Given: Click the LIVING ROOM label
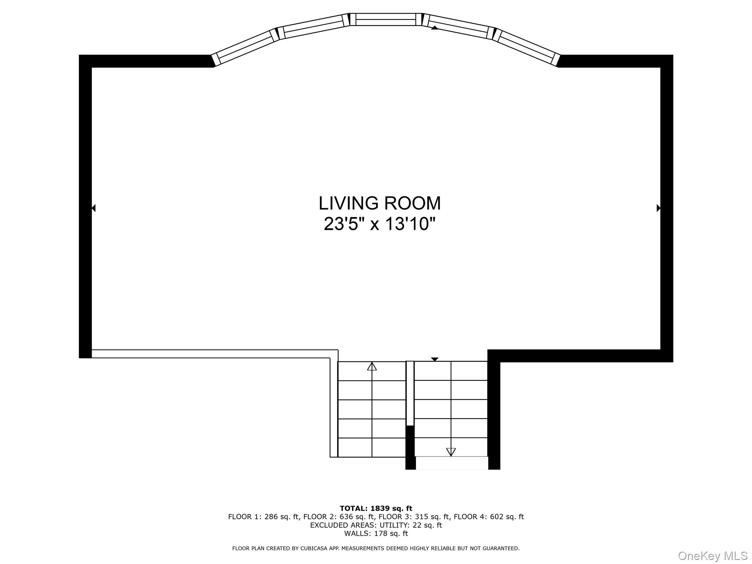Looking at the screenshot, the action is click(379, 203).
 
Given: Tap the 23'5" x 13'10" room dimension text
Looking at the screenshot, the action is click(379, 224).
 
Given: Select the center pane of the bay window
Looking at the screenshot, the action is click(386, 19).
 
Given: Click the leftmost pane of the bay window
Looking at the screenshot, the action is click(245, 48).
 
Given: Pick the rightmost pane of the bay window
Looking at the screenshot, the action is click(526, 48).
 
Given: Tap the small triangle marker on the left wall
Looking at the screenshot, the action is click(93, 208).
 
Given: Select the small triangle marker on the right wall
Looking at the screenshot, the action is click(658, 208).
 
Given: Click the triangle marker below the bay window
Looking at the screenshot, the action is click(435, 28).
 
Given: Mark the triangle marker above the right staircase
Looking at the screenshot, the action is click(435, 359).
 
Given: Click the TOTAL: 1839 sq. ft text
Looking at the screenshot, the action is click(376, 509).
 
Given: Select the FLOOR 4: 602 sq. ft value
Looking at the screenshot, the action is click(489, 517).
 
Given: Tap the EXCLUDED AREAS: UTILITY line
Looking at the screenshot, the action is click(376, 525).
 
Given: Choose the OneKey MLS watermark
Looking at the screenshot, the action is click(713, 556).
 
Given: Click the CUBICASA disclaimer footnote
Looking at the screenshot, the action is click(376, 549).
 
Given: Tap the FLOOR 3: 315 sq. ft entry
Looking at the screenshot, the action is click(414, 517).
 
